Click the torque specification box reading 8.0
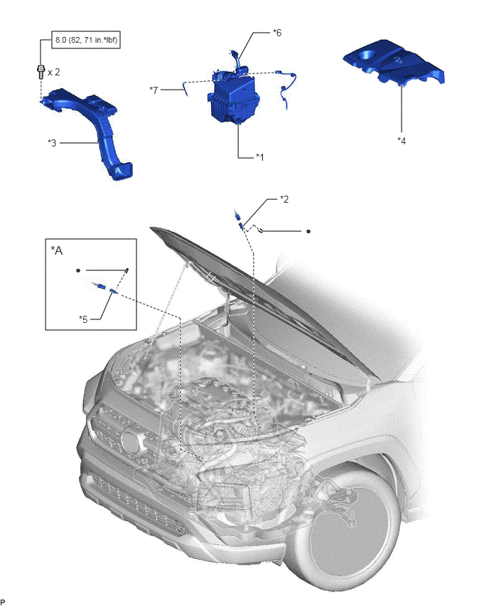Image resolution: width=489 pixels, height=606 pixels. [x=86, y=40]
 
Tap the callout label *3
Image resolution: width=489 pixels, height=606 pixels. [x=52, y=143]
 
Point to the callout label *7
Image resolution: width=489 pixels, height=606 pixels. [x=154, y=90]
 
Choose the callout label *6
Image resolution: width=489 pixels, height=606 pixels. [x=277, y=33]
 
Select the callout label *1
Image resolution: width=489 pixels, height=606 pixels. [x=260, y=157]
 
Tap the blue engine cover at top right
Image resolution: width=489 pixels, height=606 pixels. [x=394, y=65]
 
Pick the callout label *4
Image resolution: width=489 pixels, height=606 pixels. [x=402, y=141]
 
